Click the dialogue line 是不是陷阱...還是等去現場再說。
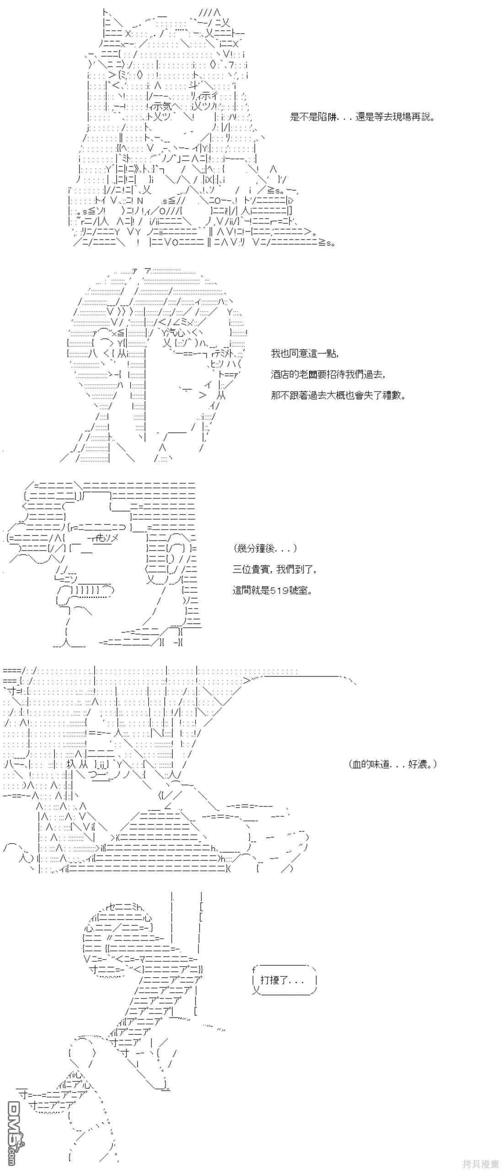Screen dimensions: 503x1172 coord(362,117)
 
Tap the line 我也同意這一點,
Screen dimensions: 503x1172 coord(305,353)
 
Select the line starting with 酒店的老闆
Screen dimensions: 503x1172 coord(328,374)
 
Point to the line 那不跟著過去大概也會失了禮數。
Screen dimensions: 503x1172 coord(338,395)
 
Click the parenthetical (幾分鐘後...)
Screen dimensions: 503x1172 coord(265,548)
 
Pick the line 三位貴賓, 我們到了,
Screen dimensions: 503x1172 coord(274,569)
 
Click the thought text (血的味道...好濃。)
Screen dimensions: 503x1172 coord(392,764)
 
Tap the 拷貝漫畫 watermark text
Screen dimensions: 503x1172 coord(480,1164)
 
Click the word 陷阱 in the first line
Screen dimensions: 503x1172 coord(328,117)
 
